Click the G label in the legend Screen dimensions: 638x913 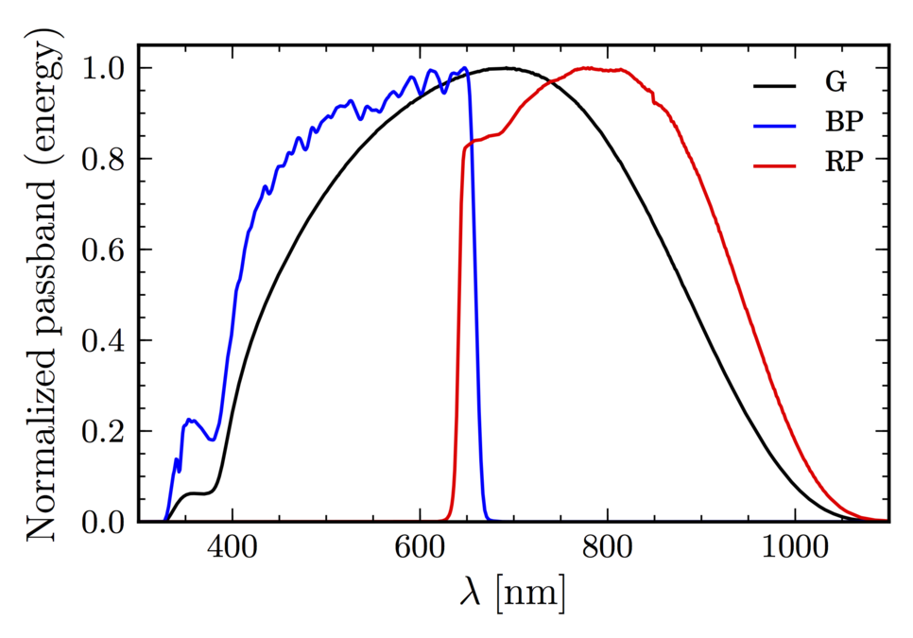click(x=835, y=84)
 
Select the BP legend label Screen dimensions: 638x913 click(x=843, y=123)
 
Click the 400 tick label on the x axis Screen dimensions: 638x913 click(x=232, y=549)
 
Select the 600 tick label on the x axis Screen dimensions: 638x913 click(x=419, y=549)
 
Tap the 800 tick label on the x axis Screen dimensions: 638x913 click(x=607, y=549)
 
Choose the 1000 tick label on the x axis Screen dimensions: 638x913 click(x=794, y=549)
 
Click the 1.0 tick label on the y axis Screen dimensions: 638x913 click(x=105, y=69)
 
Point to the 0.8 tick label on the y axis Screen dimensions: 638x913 click(x=105, y=160)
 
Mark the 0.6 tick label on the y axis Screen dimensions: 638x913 click(x=105, y=250)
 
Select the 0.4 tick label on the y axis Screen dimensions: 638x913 click(x=105, y=341)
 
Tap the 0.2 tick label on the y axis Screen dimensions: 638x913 click(x=105, y=432)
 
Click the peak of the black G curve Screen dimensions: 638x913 click(x=508, y=68)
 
